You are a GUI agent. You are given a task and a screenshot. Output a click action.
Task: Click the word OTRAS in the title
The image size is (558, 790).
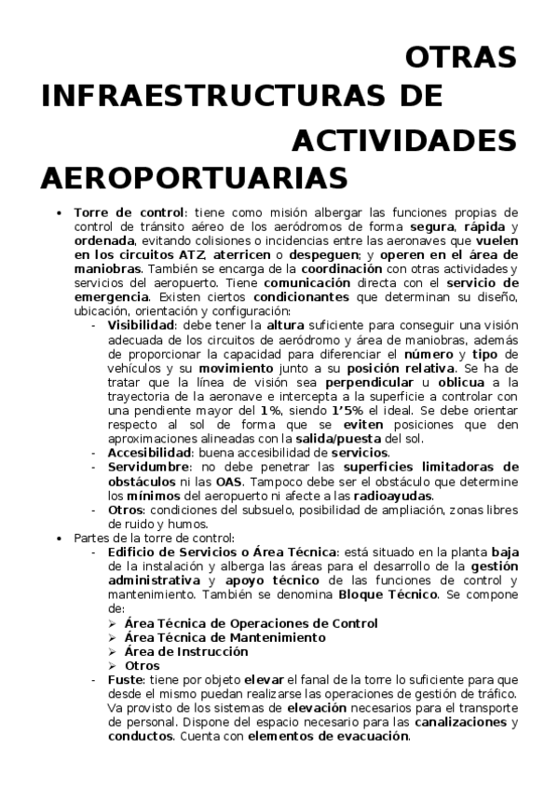point(461,57)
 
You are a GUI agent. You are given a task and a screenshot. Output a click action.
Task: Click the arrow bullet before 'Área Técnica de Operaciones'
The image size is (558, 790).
point(112,623)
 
